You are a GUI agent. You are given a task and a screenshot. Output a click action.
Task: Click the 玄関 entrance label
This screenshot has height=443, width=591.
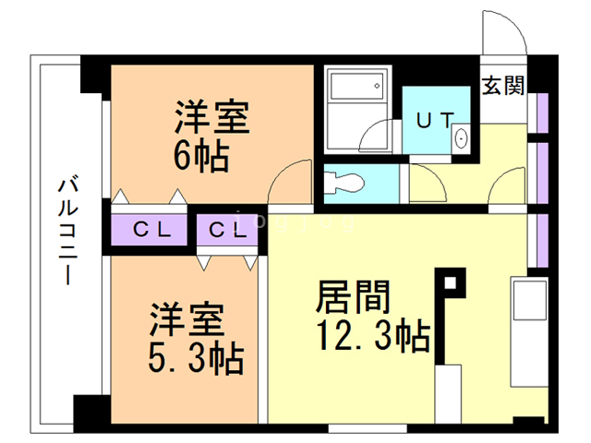503,85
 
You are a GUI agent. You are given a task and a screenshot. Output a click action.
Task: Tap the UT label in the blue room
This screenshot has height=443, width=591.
435,121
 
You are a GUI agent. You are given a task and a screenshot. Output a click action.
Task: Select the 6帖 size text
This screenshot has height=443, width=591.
201,155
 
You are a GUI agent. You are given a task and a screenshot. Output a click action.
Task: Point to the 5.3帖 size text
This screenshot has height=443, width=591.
196,357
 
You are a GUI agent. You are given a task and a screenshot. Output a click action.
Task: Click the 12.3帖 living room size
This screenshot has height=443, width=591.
373,335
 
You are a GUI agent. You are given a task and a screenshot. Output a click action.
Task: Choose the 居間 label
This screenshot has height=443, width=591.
353,297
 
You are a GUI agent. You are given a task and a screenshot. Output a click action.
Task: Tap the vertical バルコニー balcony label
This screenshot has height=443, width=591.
68,231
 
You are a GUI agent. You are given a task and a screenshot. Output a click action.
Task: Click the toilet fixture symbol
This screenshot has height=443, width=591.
344,184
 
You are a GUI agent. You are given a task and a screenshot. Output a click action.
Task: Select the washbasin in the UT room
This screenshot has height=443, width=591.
461,138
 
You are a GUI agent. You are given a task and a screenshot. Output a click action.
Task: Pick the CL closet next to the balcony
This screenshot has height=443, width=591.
150,230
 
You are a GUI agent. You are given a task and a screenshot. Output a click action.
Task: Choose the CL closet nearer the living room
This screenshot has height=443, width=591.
227,230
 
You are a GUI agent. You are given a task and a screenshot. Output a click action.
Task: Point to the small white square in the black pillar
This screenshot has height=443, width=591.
450,282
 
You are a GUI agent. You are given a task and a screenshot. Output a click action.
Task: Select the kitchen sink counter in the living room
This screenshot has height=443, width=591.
529,332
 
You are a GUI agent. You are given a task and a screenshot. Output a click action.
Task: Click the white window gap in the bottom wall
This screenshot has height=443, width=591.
368,428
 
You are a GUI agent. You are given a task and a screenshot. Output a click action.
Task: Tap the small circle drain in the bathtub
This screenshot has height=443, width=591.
377,86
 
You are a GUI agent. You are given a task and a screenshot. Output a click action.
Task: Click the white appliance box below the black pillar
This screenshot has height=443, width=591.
448,394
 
